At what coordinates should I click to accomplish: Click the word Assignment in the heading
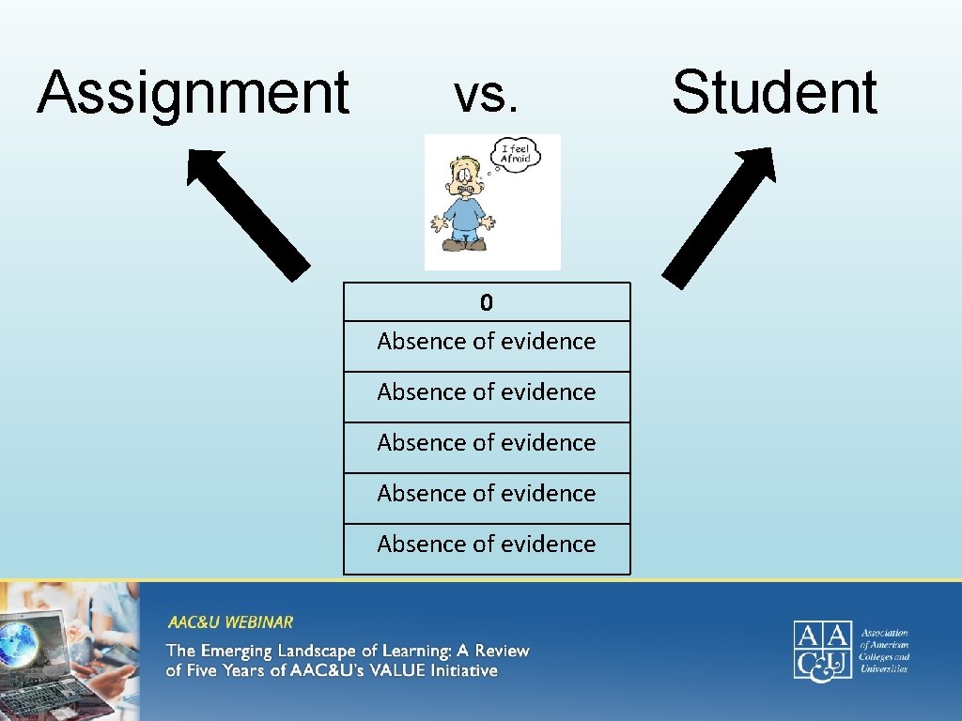[x=193, y=93]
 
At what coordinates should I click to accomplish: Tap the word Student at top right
[x=774, y=93]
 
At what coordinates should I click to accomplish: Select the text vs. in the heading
[x=486, y=94]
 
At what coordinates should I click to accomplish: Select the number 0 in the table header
[x=486, y=302]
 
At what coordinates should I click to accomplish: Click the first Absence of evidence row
[x=486, y=342]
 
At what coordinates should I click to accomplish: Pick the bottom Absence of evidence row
[x=486, y=545]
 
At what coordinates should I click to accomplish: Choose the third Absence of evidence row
[x=486, y=443]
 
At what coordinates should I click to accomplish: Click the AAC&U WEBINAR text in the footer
[x=230, y=622]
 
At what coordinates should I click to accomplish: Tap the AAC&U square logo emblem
[x=822, y=649]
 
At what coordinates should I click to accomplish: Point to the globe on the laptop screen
[x=19, y=643]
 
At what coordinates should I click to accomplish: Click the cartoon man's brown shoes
[x=465, y=244]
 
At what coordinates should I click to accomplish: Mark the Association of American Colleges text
[x=884, y=650]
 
